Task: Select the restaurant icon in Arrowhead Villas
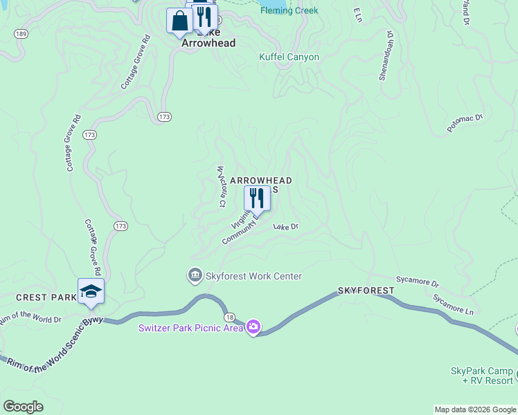coord(257,199)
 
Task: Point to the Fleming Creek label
coord(289,10)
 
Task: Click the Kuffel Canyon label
coord(289,57)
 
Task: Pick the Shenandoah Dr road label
coord(385,55)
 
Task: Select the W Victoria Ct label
coord(221,186)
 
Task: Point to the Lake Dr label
coord(285,226)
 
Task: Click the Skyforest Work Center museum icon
coord(195,276)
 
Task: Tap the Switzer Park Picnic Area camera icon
coord(253,326)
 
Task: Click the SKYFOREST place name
coord(366,290)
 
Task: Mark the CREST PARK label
coord(46,297)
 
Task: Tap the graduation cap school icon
coord(91,291)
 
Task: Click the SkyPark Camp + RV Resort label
coord(482,376)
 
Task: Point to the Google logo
coord(23,407)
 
